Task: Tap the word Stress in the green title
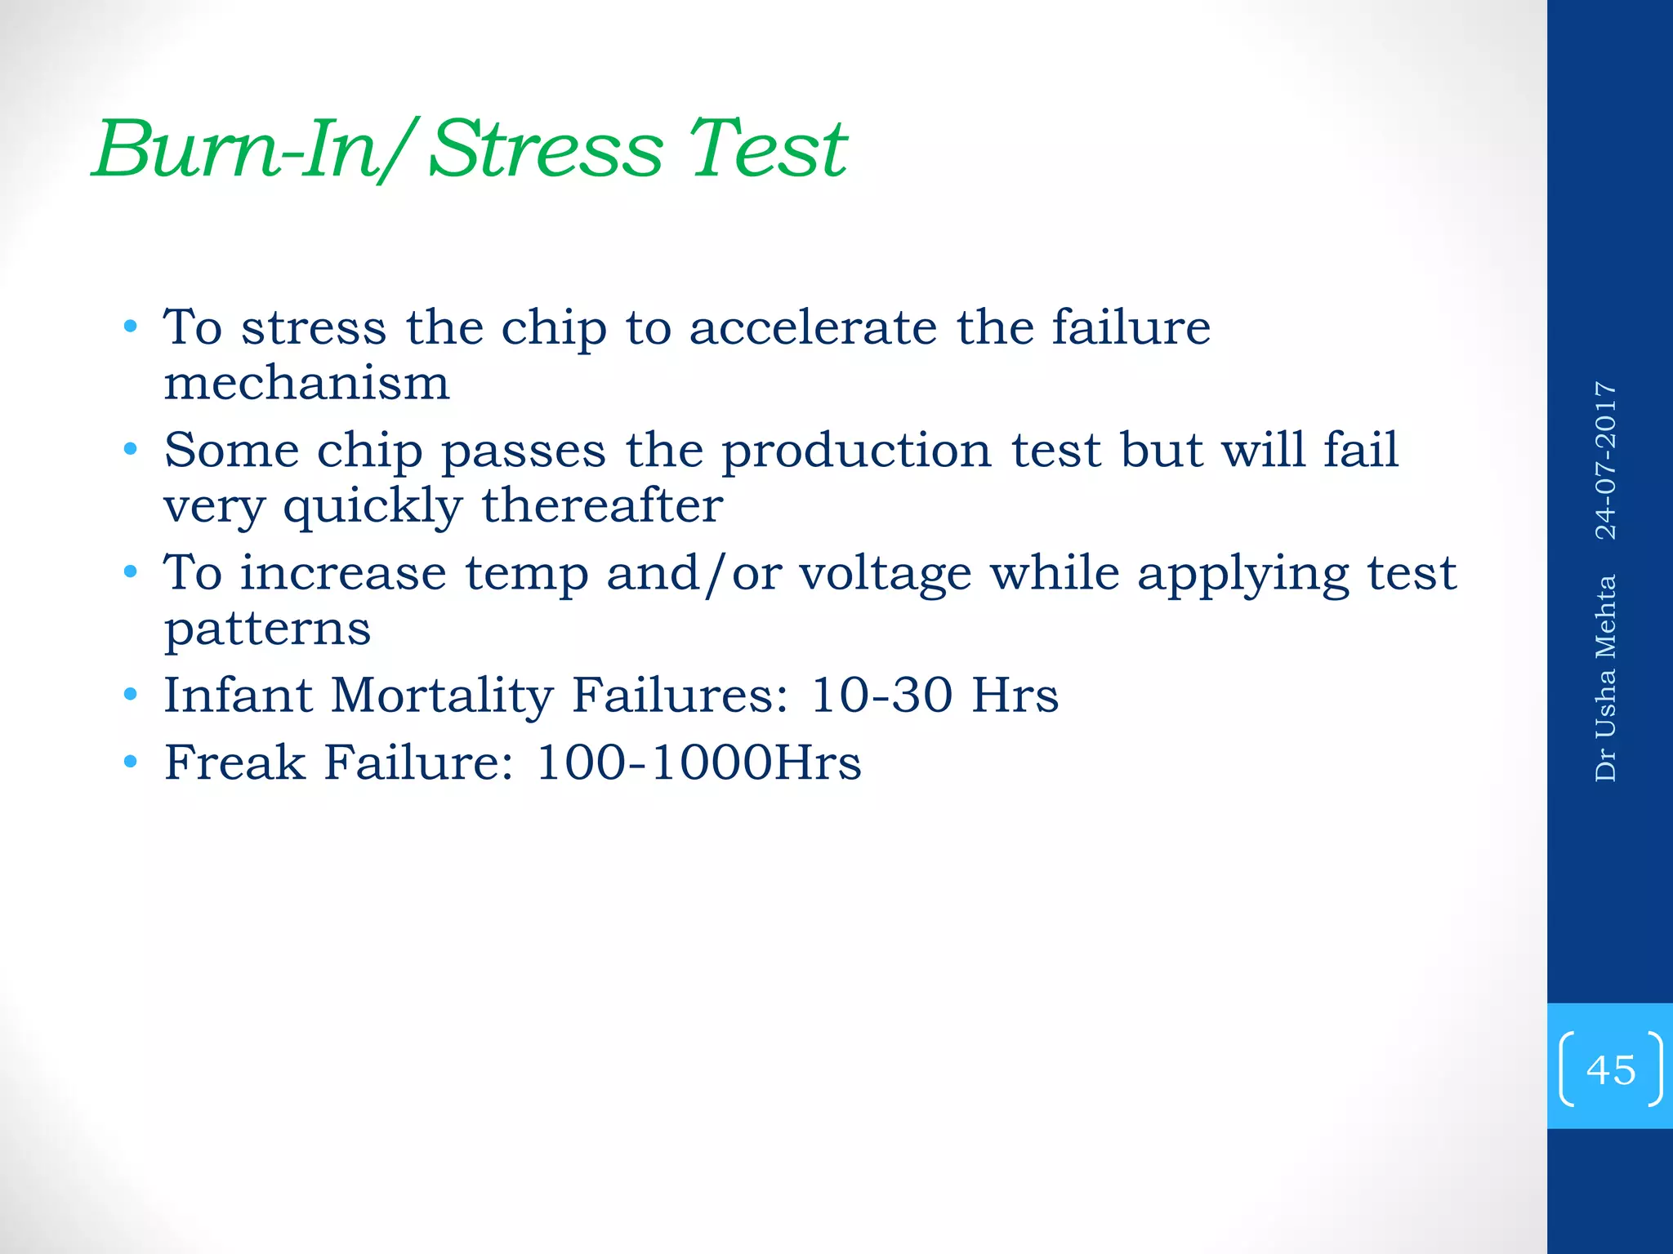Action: [545, 149]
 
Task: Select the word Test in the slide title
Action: [768, 149]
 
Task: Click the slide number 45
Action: [1610, 1069]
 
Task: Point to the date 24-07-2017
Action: [1606, 460]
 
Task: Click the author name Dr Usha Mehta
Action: [1606, 678]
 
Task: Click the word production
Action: [857, 451]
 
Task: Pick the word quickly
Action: [373, 506]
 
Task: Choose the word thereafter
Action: [602, 505]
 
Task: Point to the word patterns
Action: [267, 629]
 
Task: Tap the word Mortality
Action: [442, 696]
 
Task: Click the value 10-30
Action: [881, 696]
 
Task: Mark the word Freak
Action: [234, 763]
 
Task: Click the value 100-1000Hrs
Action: [698, 763]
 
